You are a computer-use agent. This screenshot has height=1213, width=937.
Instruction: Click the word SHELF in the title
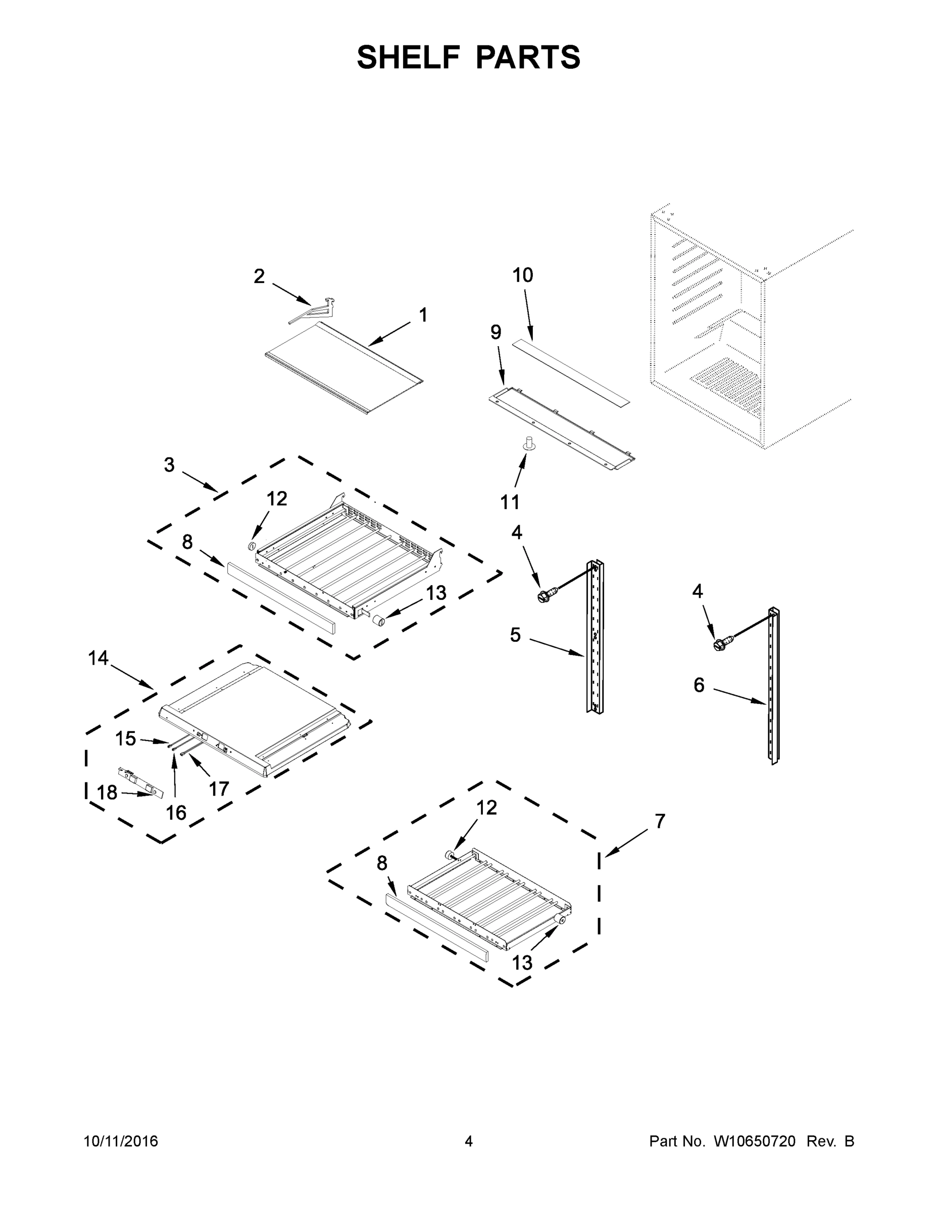tap(409, 57)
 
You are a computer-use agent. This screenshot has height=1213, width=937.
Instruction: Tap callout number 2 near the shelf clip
tap(259, 276)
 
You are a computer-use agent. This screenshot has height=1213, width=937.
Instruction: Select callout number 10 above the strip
tap(522, 275)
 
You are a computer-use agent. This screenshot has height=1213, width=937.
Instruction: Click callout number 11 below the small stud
tap(510, 502)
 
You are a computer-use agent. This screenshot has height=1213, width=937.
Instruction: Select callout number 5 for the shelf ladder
tap(516, 635)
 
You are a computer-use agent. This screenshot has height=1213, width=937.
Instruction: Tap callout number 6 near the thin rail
tap(699, 685)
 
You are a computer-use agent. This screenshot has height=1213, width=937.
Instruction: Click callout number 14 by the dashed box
tap(98, 658)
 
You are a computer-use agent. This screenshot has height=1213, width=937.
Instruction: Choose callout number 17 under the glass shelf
tap(219, 788)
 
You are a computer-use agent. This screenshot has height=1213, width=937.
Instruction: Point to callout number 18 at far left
tap(107, 792)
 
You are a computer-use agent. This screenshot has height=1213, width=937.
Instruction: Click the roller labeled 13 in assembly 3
tap(379, 622)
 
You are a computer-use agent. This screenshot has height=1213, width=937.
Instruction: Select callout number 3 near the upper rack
tap(169, 465)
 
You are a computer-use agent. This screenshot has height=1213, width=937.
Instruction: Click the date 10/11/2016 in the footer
tap(121, 1141)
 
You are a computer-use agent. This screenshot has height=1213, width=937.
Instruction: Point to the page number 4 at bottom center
tap(469, 1141)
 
